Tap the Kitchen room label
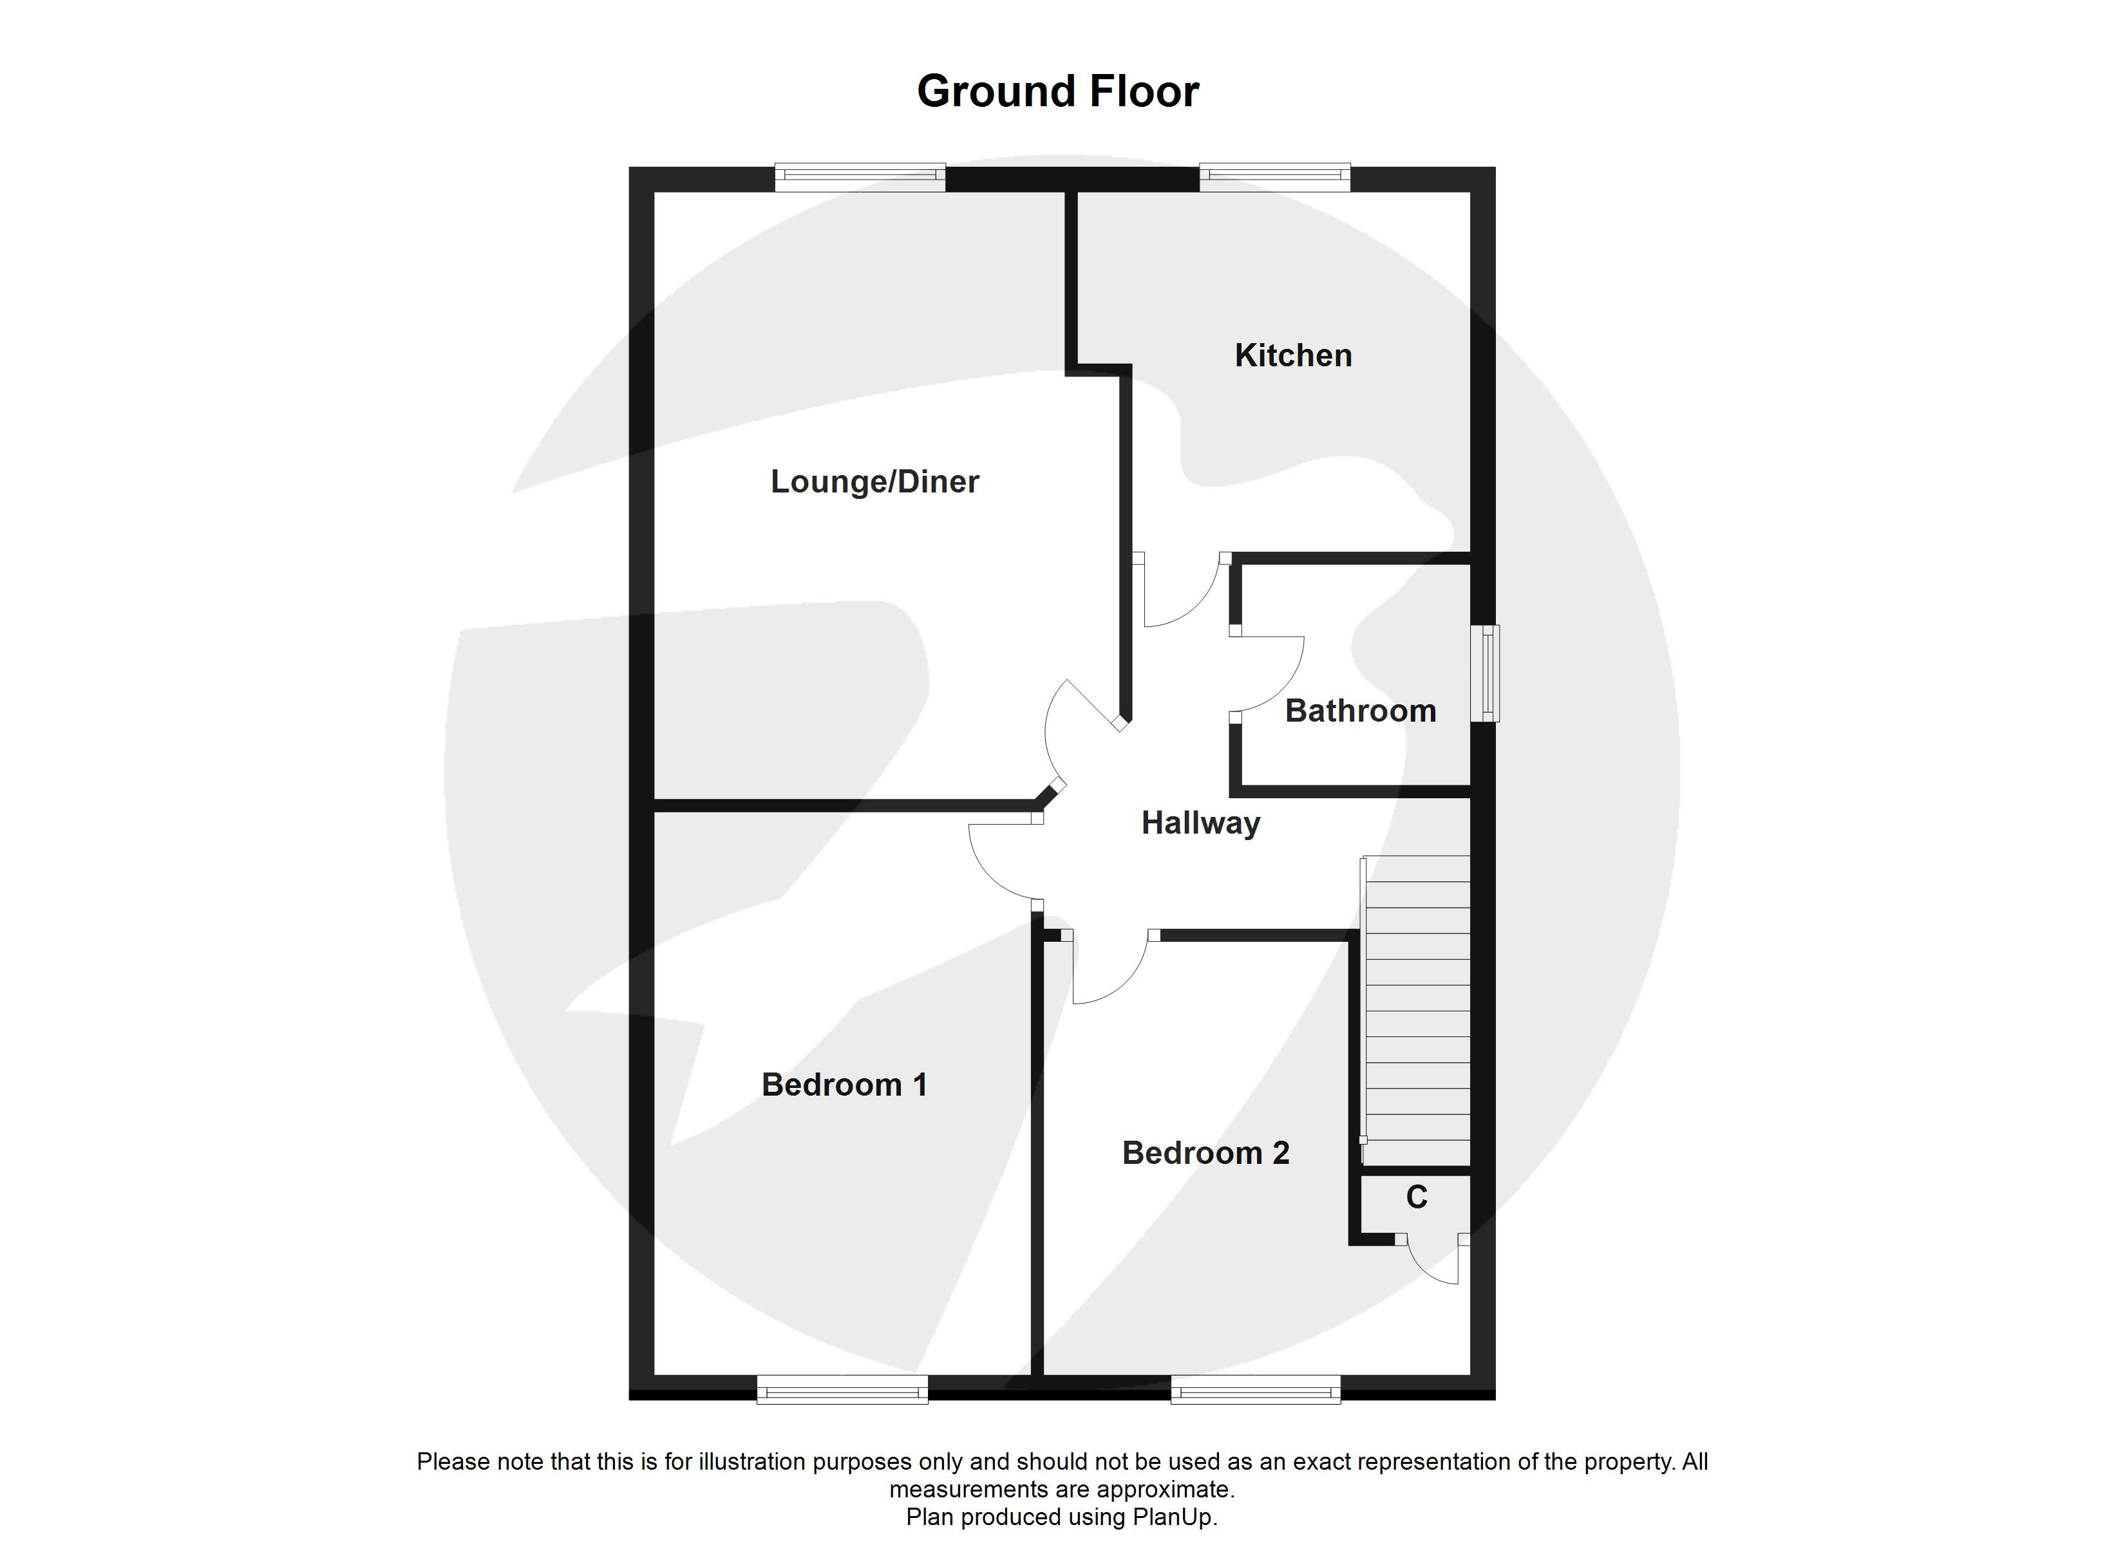click(1293, 355)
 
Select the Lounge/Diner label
click(874, 482)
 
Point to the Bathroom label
click(1359, 711)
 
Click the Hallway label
click(1200, 823)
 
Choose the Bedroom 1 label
click(844, 1085)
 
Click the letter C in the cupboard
click(1417, 1197)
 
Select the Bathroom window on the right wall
click(1484, 673)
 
